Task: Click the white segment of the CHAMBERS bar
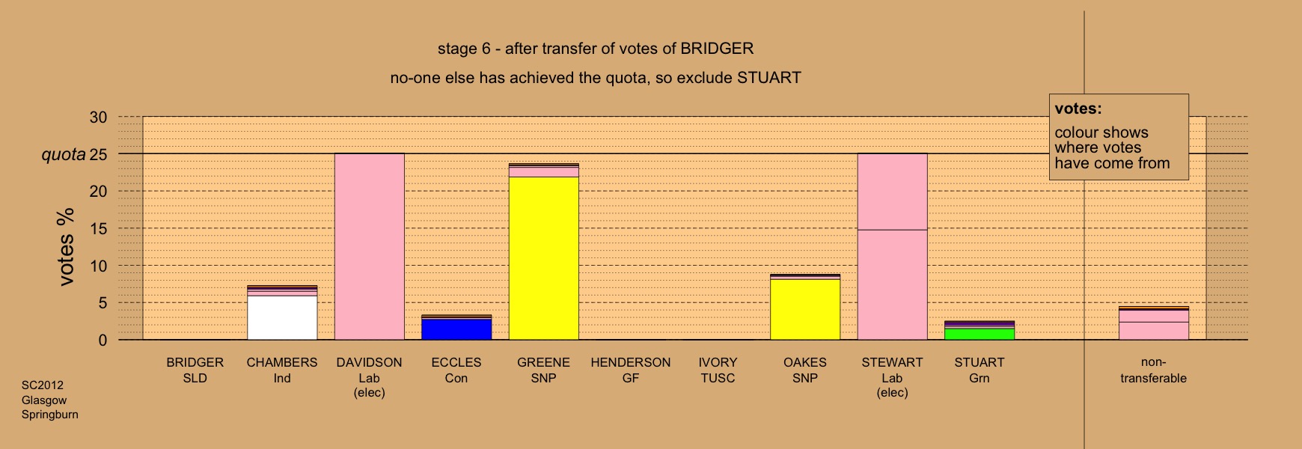coord(282,317)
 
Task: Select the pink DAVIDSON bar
coord(370,246)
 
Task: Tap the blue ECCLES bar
coord(456,329)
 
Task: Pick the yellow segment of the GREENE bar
coord(544,258)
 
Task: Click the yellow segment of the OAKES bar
coord(805,309)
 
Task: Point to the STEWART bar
coord(892,246)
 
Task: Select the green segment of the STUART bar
coord(979,334)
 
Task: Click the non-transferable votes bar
coord(1154,323)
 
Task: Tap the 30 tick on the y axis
coord(98,117)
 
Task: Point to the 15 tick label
coord(98,229)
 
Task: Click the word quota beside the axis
coord(64,155)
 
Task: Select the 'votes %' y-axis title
coord(66,247)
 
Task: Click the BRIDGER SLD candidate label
coord(195,370)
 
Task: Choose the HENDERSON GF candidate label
coord(631,370)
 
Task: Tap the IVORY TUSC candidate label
coord(718,370)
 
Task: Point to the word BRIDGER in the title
coord(717,49)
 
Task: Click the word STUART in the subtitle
coord(769,78)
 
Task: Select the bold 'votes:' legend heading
coord(1078,109)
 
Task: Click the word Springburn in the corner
coord(50,415)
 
